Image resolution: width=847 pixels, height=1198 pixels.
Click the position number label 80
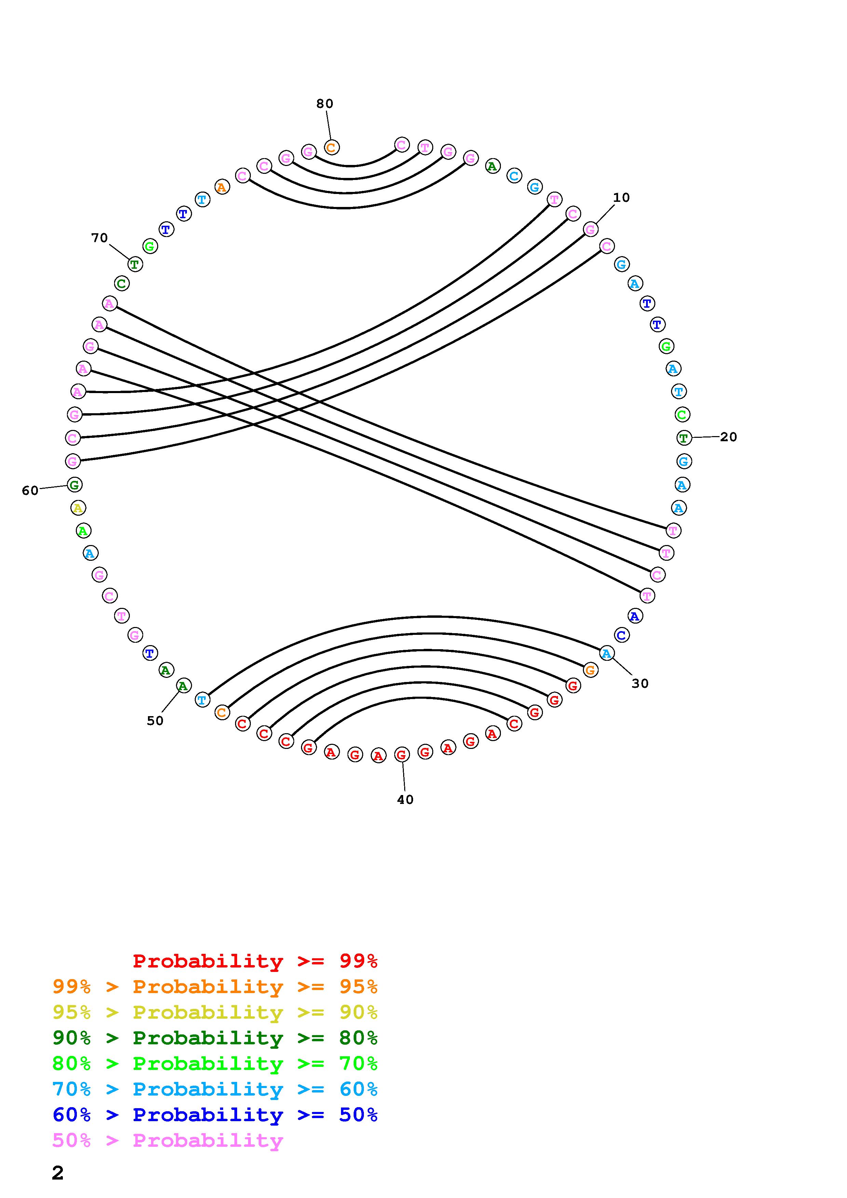coord(325,104)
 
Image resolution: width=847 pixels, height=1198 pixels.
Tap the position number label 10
coord(621,198)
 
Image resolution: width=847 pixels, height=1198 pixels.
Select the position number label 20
coord(728,437)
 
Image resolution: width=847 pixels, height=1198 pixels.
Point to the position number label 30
coord(640,684)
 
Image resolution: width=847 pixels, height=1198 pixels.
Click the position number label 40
coord(405,800)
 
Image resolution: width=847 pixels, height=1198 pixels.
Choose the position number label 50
coord(155,721)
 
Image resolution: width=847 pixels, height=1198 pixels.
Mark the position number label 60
coord(30,490)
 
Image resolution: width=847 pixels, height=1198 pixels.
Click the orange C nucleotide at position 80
coord(331,148)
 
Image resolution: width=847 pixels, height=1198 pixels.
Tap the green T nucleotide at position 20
coord(684,438)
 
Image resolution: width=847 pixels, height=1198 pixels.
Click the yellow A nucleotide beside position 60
coord(78,508)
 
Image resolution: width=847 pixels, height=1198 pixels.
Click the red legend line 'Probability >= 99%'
coord(255,961)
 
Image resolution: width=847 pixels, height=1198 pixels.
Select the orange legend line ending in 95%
coord(215,987)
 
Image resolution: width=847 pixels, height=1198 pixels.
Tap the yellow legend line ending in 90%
coord(215,1012)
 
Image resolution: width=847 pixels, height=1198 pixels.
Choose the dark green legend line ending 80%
coord(215,1038)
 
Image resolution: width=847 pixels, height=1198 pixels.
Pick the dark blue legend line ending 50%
coord(215,1115)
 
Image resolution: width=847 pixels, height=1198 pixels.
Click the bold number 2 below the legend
coord(58,1173)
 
